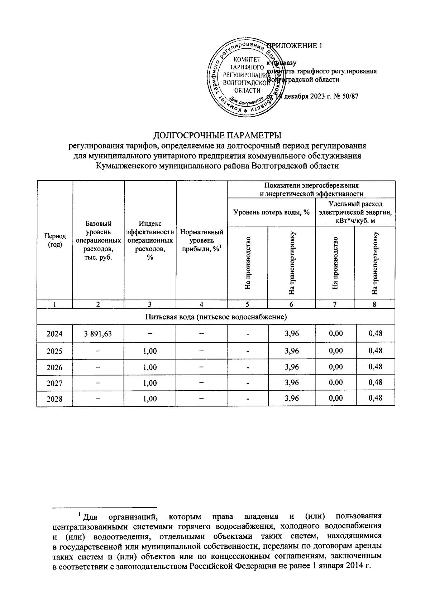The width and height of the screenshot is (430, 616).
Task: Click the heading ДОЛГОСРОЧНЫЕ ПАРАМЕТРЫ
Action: pos(218,136)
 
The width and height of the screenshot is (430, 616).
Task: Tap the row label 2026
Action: pos(54,367)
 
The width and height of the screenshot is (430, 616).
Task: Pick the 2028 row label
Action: pos(54,399)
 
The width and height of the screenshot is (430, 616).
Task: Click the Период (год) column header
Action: pos(54,240)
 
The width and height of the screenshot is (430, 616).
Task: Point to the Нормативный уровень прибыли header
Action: pos(202,241)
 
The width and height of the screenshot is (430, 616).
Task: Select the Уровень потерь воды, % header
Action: pos(271,212)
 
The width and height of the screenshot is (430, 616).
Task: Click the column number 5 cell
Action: pos(247,304)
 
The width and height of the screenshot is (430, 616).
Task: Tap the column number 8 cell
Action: pos(374,304)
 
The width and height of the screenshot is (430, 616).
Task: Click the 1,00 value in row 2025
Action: pos(150,351)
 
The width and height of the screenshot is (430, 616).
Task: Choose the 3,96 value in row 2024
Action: pos(292,334)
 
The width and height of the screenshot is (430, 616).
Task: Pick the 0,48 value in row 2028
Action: pos(375,398)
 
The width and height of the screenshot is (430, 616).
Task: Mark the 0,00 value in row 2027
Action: pos(336,382)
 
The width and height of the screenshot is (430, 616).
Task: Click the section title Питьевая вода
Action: pos(216,317)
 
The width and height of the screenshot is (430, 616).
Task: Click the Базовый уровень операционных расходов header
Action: pos(98,240)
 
